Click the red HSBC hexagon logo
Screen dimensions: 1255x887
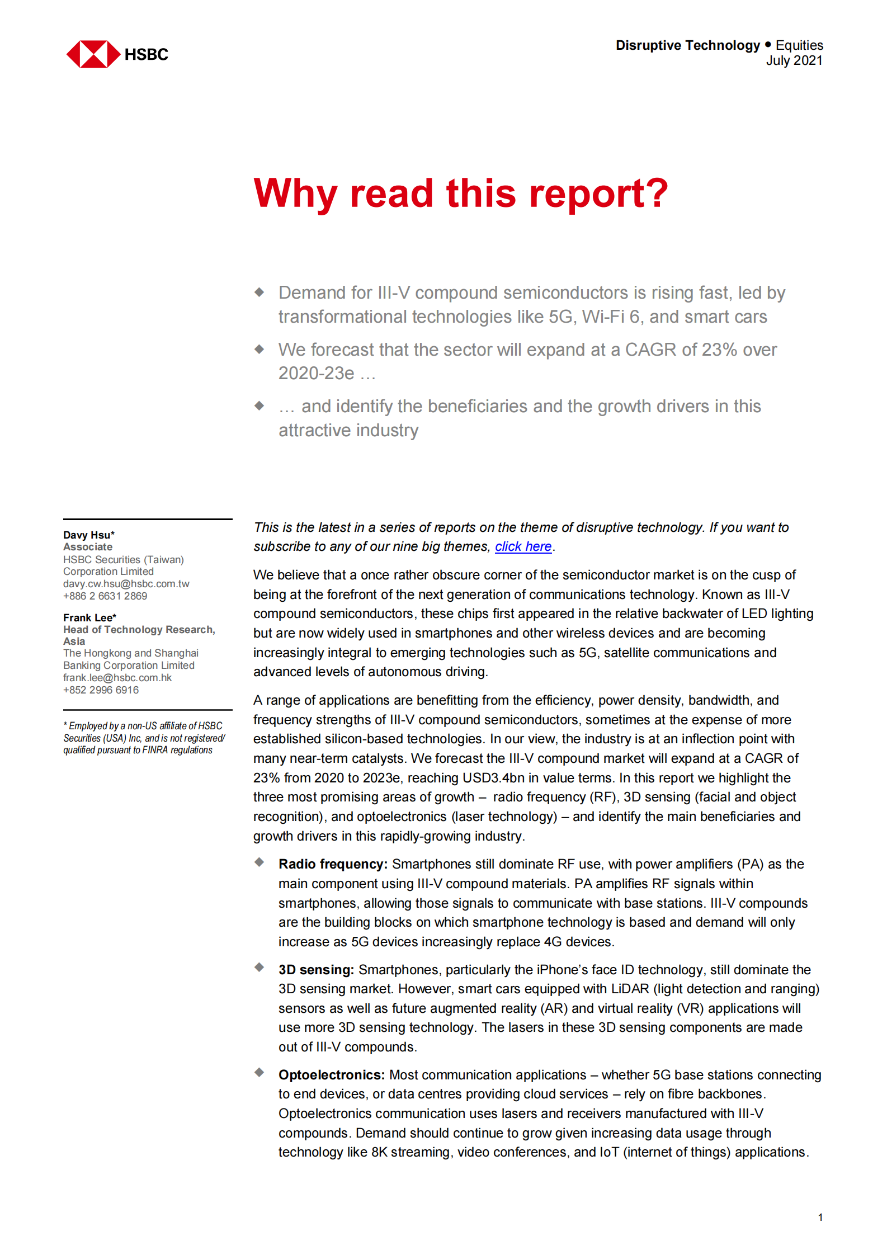93,54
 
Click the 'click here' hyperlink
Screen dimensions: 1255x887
523,546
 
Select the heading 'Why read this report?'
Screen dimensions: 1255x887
460,194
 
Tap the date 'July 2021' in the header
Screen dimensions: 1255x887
794,60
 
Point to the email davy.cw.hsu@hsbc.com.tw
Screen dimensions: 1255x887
126,583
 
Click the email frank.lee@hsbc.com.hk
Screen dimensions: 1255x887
117,677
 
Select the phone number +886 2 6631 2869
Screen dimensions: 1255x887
105,596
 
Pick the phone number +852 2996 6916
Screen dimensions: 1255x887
101,690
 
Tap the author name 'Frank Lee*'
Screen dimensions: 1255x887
89,617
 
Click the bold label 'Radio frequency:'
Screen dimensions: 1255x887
333,864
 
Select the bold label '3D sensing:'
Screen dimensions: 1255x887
316,969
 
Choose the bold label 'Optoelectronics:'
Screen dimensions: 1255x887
332,1074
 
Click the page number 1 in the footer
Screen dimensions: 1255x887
820,1217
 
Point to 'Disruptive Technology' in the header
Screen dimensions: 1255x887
687,45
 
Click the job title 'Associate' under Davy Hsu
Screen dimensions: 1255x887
88,546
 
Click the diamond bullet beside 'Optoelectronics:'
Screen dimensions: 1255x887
259,1072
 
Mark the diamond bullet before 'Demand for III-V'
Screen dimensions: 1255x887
259,292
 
